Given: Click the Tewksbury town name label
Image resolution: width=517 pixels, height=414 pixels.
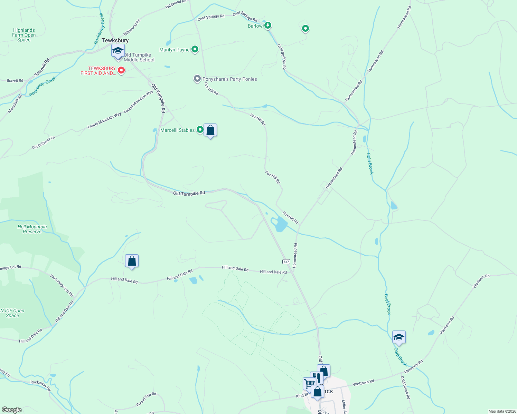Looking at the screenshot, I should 115,40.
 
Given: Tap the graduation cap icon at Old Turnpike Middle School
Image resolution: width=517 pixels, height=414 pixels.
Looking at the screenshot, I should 118,50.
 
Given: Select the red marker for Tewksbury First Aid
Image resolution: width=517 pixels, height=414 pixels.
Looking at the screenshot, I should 121,70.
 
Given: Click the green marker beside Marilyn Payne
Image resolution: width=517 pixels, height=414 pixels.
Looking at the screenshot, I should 195,50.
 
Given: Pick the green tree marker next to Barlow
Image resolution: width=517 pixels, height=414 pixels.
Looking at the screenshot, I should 268,26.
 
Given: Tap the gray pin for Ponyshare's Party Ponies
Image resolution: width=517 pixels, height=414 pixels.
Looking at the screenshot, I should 197,79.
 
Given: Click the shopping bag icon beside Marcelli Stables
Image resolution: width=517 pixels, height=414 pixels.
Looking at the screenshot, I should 210,130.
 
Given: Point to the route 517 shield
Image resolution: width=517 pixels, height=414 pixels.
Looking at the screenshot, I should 286,262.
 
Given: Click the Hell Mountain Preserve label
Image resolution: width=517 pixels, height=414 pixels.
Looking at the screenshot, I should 32,229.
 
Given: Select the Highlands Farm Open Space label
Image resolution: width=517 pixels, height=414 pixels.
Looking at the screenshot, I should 24,35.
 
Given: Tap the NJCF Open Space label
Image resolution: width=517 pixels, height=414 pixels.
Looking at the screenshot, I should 12,313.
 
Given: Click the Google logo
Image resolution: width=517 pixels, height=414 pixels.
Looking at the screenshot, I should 12,410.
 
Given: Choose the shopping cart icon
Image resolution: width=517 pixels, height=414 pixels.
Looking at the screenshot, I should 309,383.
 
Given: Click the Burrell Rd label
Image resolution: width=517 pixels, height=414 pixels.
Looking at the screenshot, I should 15,81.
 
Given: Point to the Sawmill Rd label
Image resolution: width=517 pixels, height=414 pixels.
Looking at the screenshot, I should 42,68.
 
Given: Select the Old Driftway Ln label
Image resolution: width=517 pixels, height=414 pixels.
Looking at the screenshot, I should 44,142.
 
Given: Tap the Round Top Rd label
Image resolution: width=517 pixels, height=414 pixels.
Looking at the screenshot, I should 146,399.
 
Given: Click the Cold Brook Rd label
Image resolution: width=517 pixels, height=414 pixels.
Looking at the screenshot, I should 405,387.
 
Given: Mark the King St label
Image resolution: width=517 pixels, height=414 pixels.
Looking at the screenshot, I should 302,395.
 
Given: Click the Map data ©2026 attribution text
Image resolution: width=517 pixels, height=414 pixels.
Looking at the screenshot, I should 501,411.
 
